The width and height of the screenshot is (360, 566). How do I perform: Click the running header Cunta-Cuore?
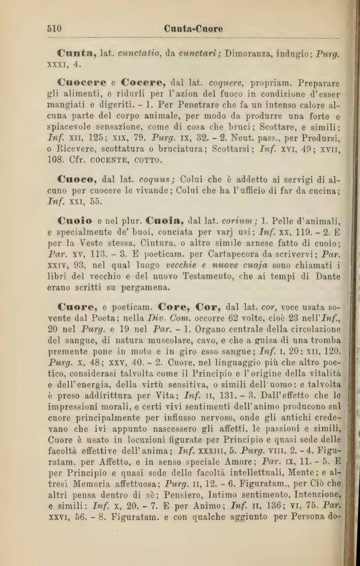193,29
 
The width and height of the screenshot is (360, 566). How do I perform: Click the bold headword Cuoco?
78,180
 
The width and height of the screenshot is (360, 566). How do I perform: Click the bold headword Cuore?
78,308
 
